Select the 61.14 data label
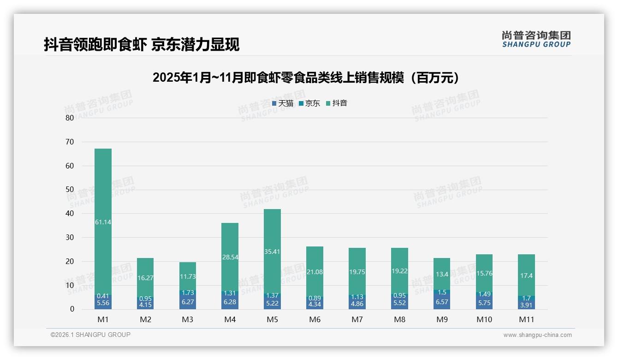coord(103,222)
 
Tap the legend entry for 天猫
coord(283,103)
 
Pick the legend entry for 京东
coord(309,103)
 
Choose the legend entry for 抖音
coord(337,103)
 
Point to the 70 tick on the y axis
coord(70,142)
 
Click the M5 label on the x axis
coord(272,319)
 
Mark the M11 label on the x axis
coord(526,319)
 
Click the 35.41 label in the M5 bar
coord(272,252)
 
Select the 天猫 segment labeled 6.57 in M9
coord(441,302)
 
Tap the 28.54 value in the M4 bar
coord(230,257)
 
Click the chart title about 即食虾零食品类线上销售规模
coord(307,78)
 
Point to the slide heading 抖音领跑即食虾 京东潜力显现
coord(142,45)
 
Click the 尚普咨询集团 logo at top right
coord(536,39)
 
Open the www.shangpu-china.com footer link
coord(537,335)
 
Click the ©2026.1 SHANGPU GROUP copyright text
coord(90,335)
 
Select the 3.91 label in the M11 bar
coord(526,305)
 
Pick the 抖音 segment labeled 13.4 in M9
coord(441,274)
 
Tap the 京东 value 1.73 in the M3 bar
coord(187,293)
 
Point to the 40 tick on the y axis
coord(70,213)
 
